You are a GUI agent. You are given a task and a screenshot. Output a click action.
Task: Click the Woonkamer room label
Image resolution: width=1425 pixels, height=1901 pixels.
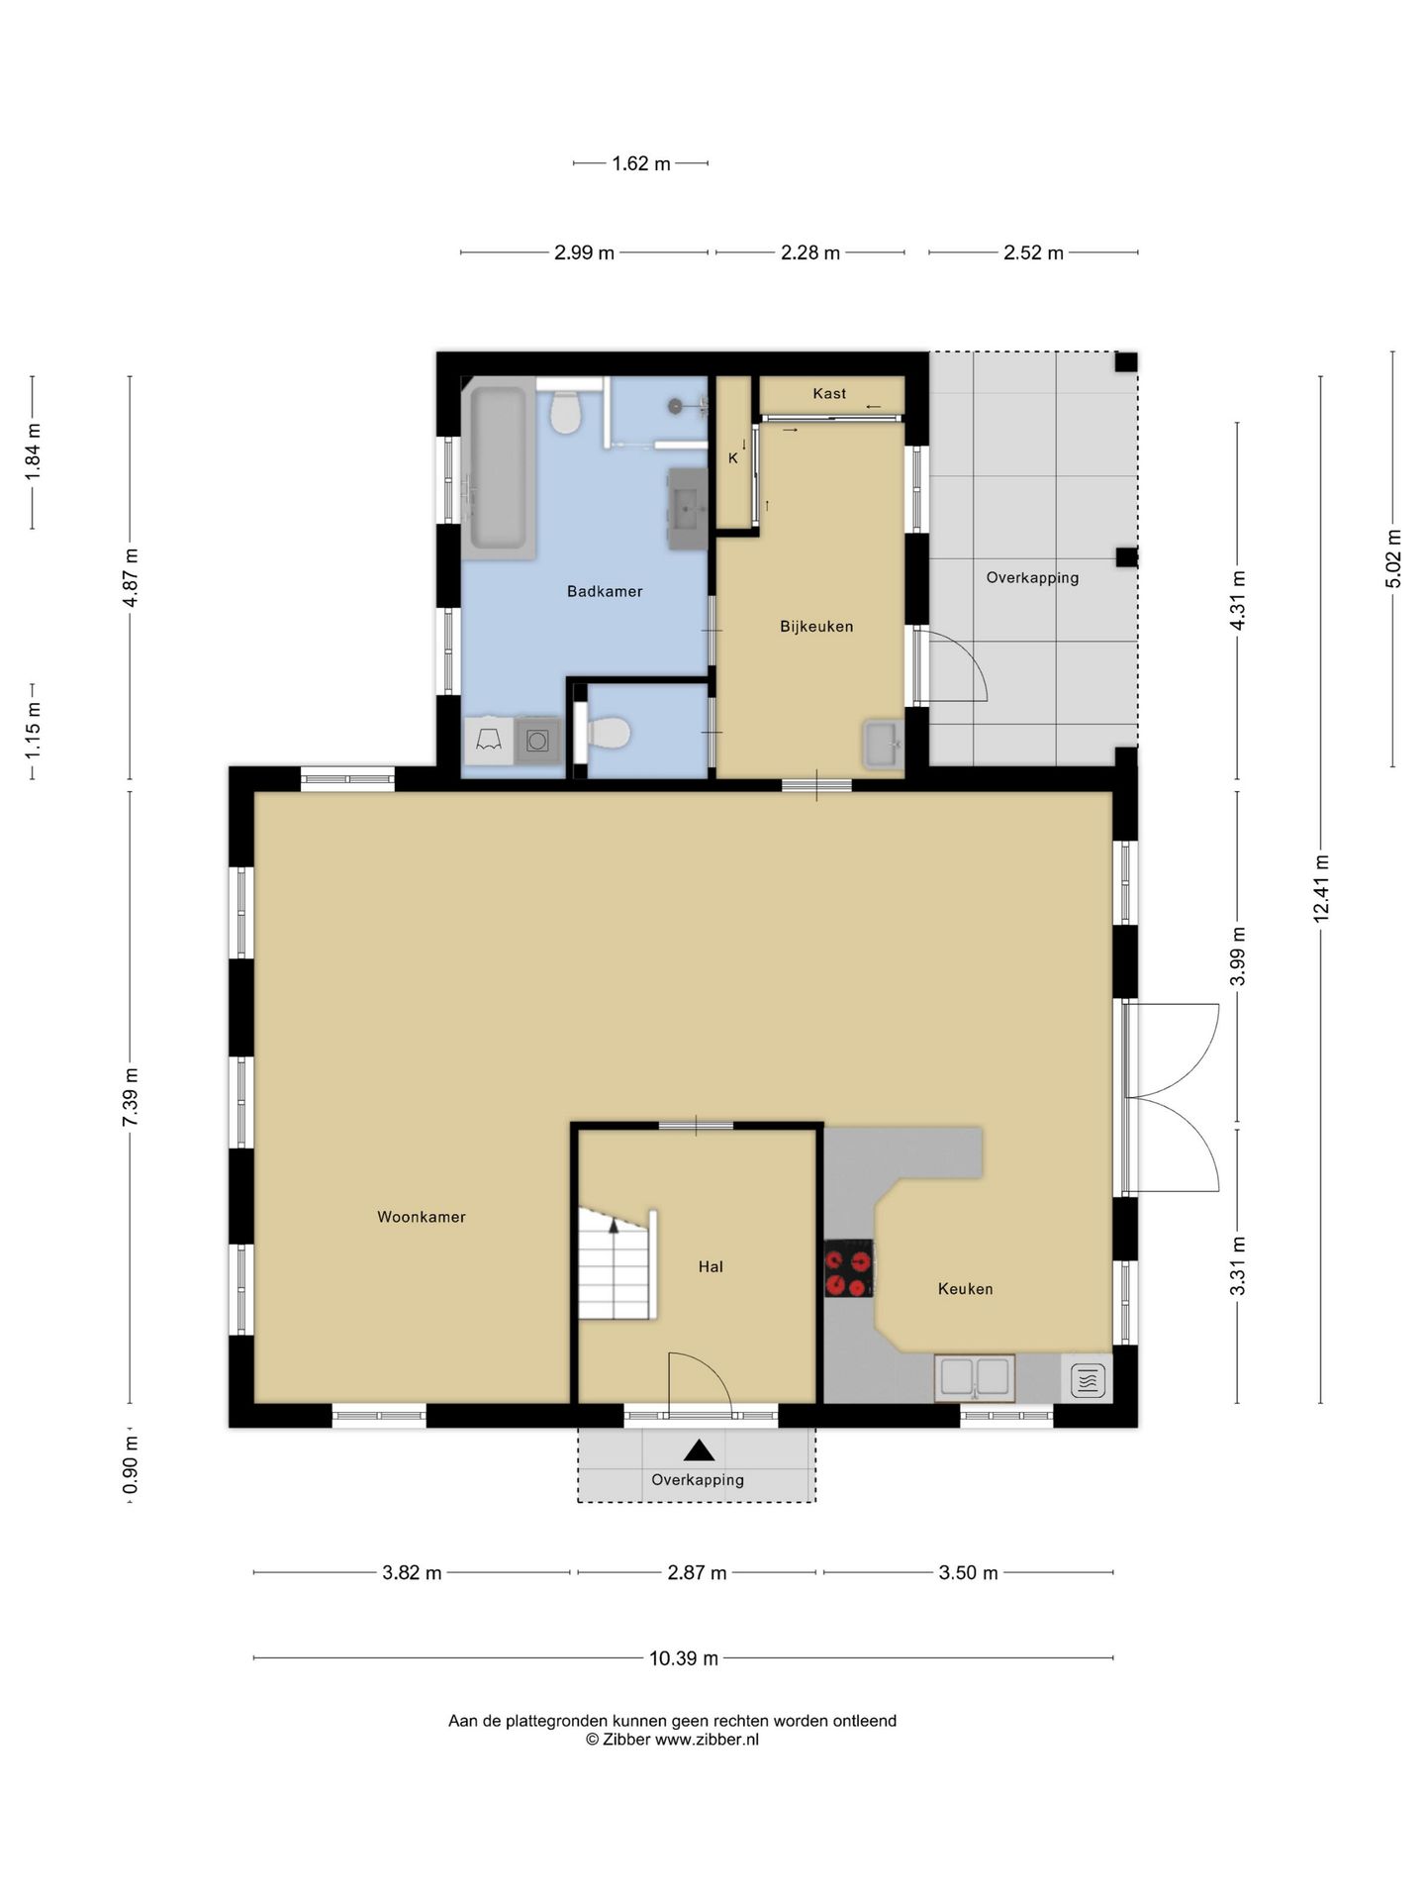click(x=421, y=1217)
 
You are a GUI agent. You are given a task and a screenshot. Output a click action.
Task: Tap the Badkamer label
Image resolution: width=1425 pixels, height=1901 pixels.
click(x=605, y=591)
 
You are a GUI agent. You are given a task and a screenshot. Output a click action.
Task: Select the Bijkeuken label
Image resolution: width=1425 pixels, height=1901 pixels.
click(x=816, y=626)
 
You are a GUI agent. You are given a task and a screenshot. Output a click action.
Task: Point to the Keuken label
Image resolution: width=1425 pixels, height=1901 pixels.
click(x=965, y=1288)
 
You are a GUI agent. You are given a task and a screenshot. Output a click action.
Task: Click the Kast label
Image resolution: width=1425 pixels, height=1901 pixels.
click(x=829, y=393)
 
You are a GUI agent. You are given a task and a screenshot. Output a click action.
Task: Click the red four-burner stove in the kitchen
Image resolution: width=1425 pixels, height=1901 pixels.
click(x=849, y=1268)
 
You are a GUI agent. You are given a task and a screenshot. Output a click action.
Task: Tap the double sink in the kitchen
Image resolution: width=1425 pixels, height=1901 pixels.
click(x=975, y=1377)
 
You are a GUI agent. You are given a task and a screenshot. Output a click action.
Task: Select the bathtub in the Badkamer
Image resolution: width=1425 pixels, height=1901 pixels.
click(x=498, y=467)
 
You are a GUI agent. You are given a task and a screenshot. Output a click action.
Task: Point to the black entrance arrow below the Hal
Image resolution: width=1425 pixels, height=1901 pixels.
click(x=700, y=1451)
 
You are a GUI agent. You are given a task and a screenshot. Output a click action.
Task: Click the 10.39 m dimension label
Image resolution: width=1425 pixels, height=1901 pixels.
click(x=684, y=1657)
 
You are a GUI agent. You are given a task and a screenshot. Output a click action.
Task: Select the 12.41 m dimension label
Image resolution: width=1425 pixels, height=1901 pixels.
click(x=1321, y=888)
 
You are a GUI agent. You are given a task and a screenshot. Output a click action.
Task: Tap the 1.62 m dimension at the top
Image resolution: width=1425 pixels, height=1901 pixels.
click(x=641, y=163)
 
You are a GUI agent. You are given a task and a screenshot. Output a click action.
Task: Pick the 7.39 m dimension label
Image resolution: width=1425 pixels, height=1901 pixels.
click(x=130, y=1096)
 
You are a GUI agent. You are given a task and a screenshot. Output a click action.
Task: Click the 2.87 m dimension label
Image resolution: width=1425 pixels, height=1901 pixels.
click(x=697, y=1572)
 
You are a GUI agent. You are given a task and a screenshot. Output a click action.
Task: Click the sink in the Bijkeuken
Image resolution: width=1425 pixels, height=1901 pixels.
click(x=883, y=744)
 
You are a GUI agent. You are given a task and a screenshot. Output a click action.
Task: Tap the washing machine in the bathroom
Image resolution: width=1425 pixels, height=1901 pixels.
click(x=537, y=741)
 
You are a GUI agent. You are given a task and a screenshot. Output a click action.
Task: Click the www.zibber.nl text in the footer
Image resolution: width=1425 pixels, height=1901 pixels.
click(x=707, y=1740)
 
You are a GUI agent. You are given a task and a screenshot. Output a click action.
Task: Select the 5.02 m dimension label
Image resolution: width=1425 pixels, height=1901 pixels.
click(x=1393, y=558)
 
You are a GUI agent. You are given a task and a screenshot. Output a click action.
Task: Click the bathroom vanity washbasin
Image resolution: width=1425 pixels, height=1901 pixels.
click(x=688, y=509)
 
